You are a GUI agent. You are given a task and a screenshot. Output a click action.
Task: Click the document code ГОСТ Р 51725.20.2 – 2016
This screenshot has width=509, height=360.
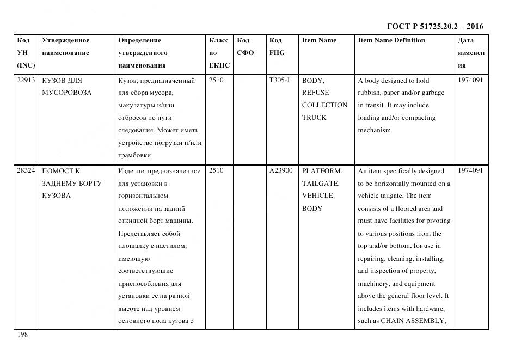[x=434, y=26]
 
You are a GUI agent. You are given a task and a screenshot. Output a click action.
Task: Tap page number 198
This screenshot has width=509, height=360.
[x=22, y=334]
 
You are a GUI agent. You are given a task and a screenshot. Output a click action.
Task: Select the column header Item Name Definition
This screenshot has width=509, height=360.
[x=391, y=40]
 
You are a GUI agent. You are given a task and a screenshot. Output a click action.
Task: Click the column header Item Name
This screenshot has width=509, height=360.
[x=319, y=40]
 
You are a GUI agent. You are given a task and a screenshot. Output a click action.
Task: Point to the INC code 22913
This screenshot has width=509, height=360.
[x=26, y=80]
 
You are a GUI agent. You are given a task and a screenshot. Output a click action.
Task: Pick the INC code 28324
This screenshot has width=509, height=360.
[x=26, y=170]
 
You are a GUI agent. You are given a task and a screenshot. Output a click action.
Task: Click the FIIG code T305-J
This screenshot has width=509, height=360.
[x=279, y=80]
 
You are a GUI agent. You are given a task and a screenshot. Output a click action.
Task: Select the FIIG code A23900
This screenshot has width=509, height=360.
[x=281, y=170]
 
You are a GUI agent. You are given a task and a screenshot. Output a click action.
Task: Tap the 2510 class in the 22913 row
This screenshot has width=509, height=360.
[x=217, y=80]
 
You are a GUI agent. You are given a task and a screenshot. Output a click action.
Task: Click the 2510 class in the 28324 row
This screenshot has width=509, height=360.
[x=217, y=170]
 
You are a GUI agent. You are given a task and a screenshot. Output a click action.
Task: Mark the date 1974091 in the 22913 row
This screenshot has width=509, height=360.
[x=470, y=80]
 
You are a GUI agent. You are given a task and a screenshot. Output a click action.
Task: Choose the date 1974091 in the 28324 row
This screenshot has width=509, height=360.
[x=470, y=170]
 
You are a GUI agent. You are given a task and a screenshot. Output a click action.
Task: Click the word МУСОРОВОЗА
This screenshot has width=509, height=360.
[x=67, y=93]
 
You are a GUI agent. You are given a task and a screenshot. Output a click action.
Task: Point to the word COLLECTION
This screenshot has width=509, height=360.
[x=324, y=105]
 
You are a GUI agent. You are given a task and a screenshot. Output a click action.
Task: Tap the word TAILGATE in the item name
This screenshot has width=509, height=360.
[x=320, y=184]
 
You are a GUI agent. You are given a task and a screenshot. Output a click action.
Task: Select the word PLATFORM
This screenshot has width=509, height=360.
[x=322, y=170]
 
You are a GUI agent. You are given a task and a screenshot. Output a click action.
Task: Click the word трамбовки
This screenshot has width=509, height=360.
[x=134, y=155]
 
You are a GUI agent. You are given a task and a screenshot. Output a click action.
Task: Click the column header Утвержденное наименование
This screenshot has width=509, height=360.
[x=65, y=46]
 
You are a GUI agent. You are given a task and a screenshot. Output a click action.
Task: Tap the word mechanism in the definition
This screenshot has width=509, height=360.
[x=374, y=130]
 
